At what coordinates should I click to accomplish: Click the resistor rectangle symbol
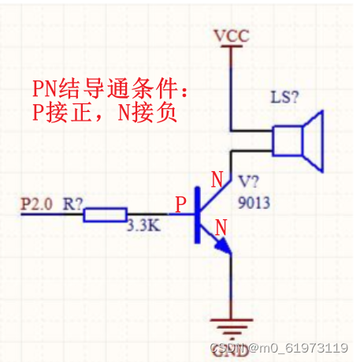point(105,214)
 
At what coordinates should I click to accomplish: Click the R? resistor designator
point(74,203)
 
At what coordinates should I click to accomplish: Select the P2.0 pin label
point(35,203)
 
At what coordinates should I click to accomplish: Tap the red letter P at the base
point(180,205)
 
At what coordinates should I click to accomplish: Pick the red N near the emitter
point(221,228)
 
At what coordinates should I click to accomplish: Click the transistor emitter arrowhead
point(225,250)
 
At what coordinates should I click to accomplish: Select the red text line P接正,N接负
point(104,112)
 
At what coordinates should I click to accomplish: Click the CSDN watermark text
point(228,348)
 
